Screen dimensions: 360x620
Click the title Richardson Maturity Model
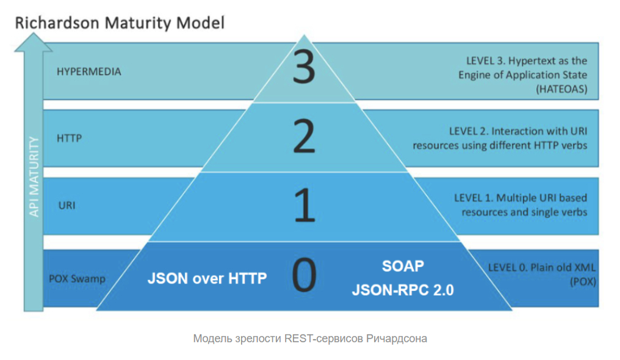pyautogui.click(x=120, y=23)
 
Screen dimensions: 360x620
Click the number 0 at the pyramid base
pyautogui.click(x=305, y=275)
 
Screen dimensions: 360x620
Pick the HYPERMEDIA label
pyautogui.click(x=89, y=71)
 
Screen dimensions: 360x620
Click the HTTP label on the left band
pyautogui.click(x=69, y=139)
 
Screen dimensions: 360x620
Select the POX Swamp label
pyautogui.click(x=77, y=279)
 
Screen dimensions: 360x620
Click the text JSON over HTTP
pyautogui.click(x=207, y=278)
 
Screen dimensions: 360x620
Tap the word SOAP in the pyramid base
pyautogui.click(x=403, y=267)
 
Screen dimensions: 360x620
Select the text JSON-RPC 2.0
pyautogui.click(x=403, y=290)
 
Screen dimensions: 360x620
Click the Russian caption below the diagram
pyautogui.click(x=310, y=338)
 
